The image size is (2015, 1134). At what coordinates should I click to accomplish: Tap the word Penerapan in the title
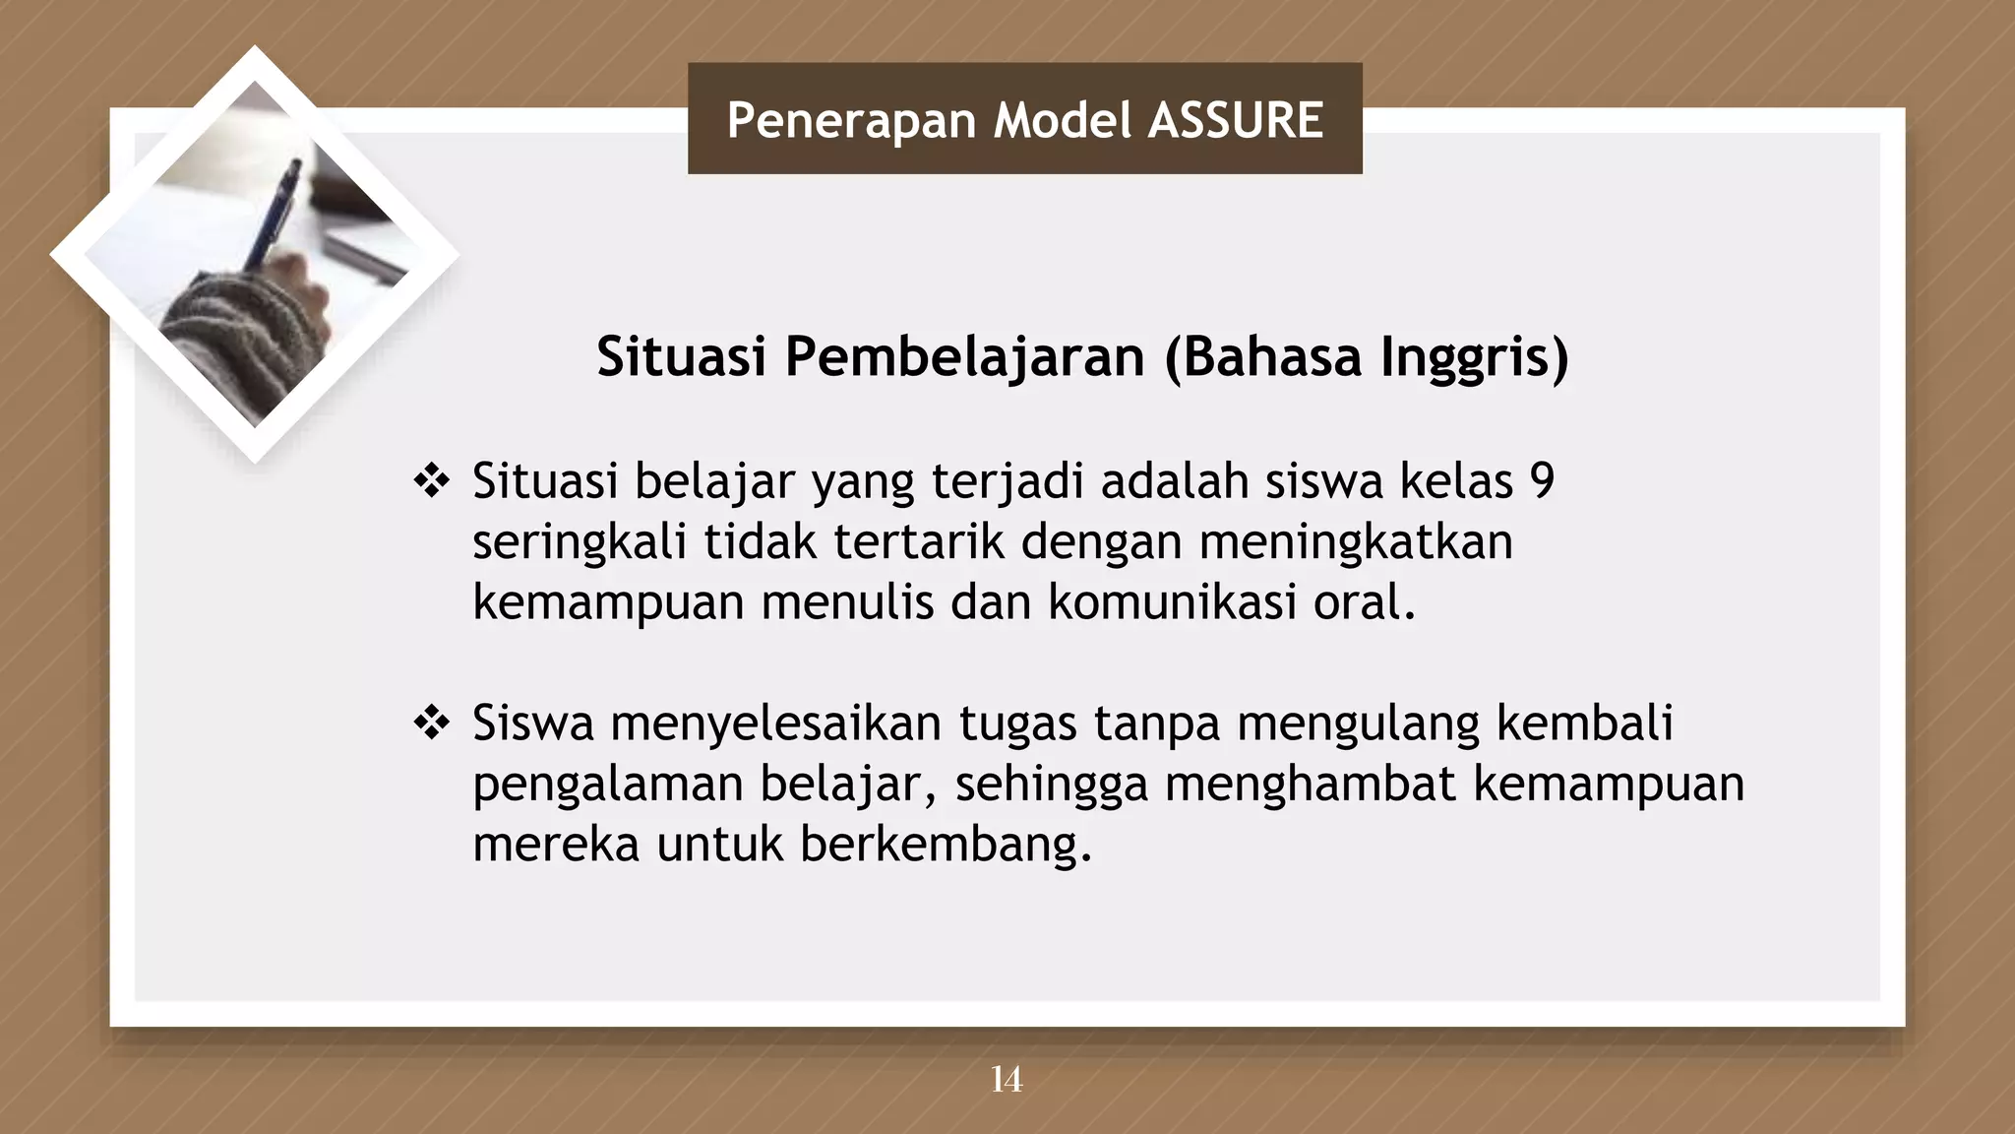851,120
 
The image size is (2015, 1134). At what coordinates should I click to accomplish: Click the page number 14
1006,1080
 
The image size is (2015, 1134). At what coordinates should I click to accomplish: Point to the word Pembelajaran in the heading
964,356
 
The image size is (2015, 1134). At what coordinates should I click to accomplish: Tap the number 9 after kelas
1542,481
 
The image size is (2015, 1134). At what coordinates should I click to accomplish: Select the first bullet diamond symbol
431,482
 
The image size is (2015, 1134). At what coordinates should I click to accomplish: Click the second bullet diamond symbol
431,724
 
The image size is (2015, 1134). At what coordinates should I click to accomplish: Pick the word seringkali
580,542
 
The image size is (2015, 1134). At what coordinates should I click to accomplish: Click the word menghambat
1310,785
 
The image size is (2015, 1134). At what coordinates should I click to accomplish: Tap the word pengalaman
607,785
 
